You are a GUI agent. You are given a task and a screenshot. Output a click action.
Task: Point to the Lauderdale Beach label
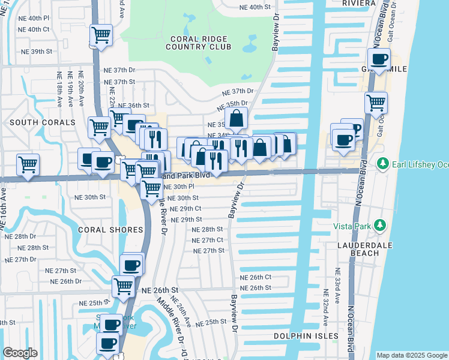[x=358, y=249]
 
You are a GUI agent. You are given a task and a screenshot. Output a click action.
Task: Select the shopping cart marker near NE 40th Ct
[x=101, y=34]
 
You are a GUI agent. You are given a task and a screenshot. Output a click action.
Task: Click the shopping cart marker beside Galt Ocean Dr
[x=376, y=102]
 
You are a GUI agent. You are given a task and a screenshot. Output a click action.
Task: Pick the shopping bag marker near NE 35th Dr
[x=237, y=118]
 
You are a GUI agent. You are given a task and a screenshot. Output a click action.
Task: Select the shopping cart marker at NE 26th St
[x=123, y=286]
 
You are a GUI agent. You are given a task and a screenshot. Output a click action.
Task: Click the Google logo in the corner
[x=20, y=353]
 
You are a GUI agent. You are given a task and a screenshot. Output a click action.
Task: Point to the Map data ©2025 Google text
[x=411, y=355]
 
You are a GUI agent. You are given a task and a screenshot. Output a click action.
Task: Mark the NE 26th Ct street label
[x=256, y=277]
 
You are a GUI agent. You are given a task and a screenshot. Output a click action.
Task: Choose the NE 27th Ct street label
[x=208, y=240]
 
